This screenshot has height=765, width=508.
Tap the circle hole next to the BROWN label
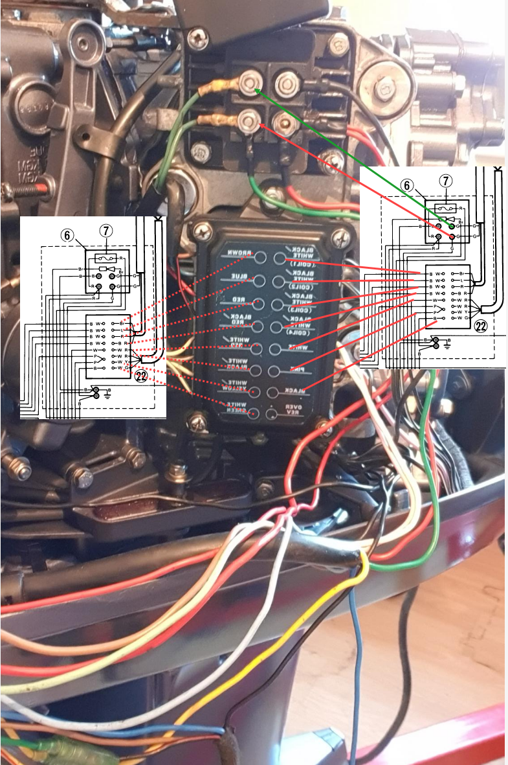(x=260, y=258)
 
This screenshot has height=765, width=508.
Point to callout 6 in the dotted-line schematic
(x=67, y=236)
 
